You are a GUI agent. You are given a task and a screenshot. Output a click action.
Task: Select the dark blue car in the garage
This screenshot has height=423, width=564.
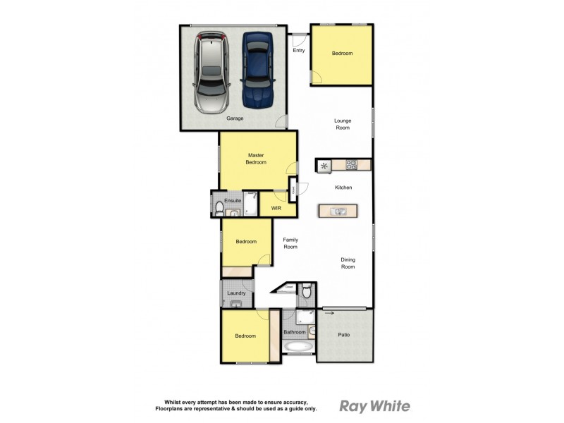[x=255, y=69]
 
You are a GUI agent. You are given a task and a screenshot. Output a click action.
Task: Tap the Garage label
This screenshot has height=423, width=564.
[x=235, y=118]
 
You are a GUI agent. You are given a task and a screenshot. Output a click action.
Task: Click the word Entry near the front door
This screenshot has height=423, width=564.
[x=299, y=50]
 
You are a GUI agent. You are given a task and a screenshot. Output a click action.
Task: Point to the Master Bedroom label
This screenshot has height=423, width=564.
[x=256, y=159]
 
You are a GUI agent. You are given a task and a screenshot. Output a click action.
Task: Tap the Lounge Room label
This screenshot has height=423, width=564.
[x=343, y=124]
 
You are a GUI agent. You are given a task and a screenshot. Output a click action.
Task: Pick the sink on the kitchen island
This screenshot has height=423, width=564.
[x=338, y=211]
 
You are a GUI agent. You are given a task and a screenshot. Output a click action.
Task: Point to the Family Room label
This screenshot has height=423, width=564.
[x=290, y=243]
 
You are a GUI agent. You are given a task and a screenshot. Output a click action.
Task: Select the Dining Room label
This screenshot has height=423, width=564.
[x=348, y=263]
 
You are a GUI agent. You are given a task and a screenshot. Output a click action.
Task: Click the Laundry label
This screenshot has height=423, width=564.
[x=235, y=293]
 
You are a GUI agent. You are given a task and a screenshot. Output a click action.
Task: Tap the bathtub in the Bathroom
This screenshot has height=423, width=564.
[x=299, y=348]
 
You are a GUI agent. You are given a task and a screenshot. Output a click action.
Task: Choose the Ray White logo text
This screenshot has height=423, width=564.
[x=374, y=405]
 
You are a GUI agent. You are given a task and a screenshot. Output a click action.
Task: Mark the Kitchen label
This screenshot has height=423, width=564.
[x=343, y=188]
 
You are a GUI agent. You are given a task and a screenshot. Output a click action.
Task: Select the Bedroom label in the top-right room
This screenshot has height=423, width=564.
[x=342, y=54]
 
